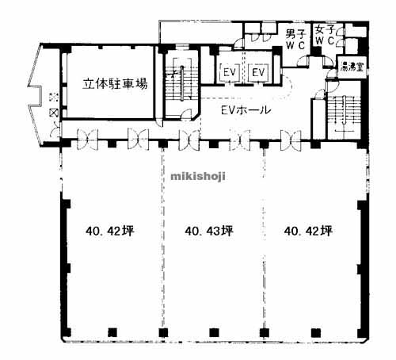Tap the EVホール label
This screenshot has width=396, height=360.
[243, 110]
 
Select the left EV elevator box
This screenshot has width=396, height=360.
[231, 73]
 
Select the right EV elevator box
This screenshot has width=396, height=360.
[257, 73]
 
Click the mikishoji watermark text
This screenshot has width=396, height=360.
[198, 176]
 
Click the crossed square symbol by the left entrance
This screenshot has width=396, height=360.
[53, 113]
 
